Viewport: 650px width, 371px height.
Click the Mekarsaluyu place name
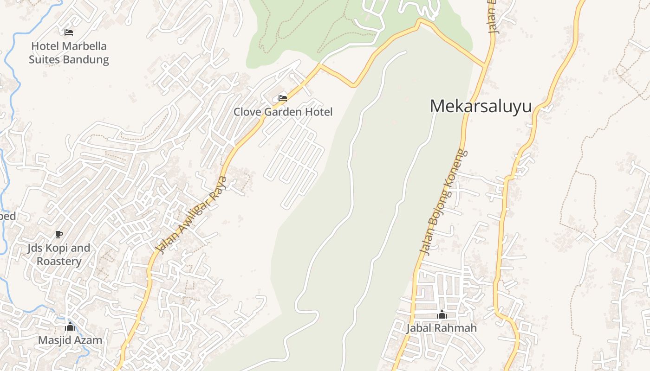click(x=481, y=106)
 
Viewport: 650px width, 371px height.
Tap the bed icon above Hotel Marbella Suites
click(x=69, y=32)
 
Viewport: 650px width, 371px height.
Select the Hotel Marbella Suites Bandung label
click(x=69, y=53)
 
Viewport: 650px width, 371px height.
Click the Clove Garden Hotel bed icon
click(x=282, y=98)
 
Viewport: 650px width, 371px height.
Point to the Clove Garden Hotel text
click(x=283, y=112)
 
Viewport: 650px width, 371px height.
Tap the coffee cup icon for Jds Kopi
click(x=58, y=234)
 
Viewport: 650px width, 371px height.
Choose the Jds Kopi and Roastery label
click(x=58, y=255)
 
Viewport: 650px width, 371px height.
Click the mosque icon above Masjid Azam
click(x=70, y=326)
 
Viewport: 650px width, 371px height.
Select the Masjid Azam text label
click(x=70, y=340)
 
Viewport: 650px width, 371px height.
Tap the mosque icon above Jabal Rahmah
click(x=442, y=314)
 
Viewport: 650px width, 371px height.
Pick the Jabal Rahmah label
click(x=442, y=328)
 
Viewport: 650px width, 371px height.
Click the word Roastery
click(x=59, y=261)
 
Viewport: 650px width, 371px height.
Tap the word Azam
click(x=90, y=340)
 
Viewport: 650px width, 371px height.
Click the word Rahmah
click(x=459, y=328)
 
